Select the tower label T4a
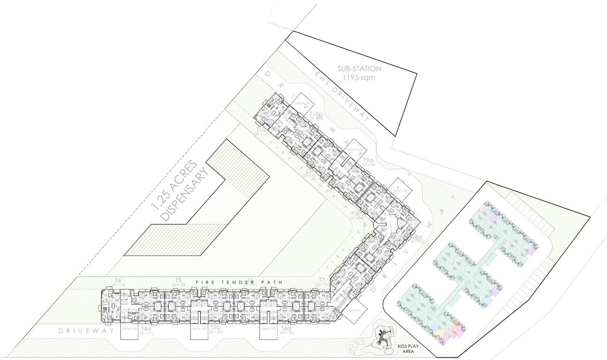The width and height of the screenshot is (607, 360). point(146,329)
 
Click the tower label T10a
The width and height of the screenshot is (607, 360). point(316,114)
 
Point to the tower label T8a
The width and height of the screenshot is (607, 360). point(417,238)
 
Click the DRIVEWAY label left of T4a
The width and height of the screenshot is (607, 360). point(86,331)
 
